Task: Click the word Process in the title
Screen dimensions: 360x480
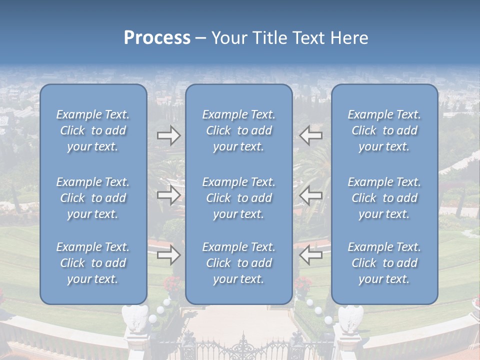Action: click(x=157, y=38)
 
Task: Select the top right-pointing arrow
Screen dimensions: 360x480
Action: click(x=168, y=135)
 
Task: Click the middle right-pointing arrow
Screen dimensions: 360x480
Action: click(x=168, y=195)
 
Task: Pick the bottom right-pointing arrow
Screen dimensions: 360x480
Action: click(x=168, y=255)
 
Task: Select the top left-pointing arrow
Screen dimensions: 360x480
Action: click(x=311, y=135)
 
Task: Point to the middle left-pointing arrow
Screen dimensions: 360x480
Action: click(x=311, y=195)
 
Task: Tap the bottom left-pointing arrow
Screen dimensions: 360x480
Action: click(x=311, y=255)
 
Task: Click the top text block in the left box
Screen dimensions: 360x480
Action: click(x=93, y=130)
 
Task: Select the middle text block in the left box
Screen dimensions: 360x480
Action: click(x=93, y=198)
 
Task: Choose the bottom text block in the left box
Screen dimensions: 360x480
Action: click(x=93, y=263)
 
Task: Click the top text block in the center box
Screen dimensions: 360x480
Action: click(x=239, y=130)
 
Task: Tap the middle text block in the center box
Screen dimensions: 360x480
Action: click(x=239, y=198)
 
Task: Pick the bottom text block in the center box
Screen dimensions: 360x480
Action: click(x=239, y=263)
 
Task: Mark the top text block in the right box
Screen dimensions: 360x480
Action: click(x=384, y=130)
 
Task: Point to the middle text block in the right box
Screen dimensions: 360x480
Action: click(x=384, y=198)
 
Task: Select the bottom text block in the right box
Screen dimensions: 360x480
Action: click(x=384, y=263)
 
